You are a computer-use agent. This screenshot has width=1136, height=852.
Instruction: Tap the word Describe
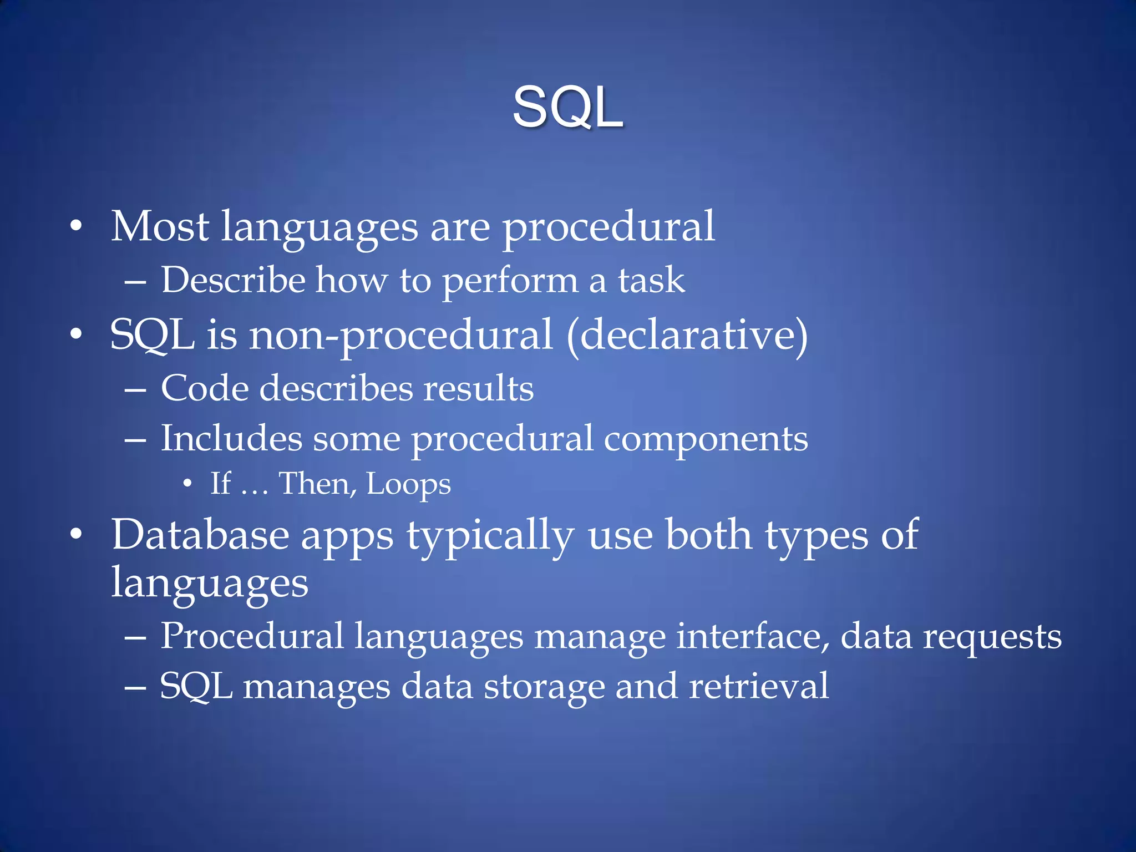[233, 280]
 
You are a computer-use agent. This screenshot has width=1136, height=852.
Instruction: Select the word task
[651, 280]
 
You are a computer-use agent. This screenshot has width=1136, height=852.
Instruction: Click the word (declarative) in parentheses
[687, 335]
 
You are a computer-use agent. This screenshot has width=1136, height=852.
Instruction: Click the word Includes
[231, 438]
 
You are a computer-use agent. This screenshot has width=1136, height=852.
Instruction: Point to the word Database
[200, 535]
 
